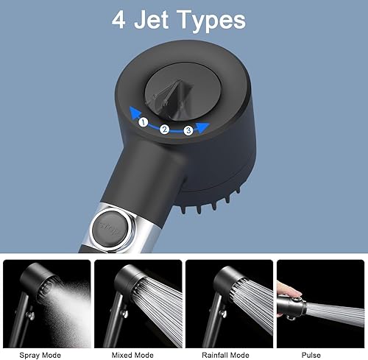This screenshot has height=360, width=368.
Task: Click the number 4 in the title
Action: pyautogui.click(x=118, y=20)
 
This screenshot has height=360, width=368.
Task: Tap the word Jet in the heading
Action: pyautogui.click(x=151, y=20)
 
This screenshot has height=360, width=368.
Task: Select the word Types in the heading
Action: pyautogui.click(x=211, y=21)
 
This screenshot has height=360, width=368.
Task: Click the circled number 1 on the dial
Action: pyautogui.click(x=144, y=122)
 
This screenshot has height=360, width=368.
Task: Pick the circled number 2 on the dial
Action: pyautogui.click(x=164, y=130)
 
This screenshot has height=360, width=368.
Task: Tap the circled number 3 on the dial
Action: pyautogui.click(x=188, y=130)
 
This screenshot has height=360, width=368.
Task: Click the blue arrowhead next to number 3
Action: pyautogui.click(x=202, y=127)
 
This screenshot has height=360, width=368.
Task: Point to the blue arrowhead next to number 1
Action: pyautogui.click(x=135, y=113)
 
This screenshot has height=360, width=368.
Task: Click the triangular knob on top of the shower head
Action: pyautogui.click(x=169, y=97)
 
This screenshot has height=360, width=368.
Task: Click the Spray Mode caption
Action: pyautogui.click(x=40, y=355)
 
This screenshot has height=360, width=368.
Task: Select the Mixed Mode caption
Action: pyautogui.click(x=132, y=355)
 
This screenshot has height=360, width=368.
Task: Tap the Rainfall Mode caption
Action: pyautogui.click(x=225, y=355)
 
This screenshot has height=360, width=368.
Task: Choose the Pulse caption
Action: pyautogui.click(x=311, y=355)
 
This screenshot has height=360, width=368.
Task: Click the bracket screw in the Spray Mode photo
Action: pyautogui.click(x=32, y=315)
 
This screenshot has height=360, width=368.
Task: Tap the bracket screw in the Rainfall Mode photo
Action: pyautogui.click(x=223, y=314)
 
